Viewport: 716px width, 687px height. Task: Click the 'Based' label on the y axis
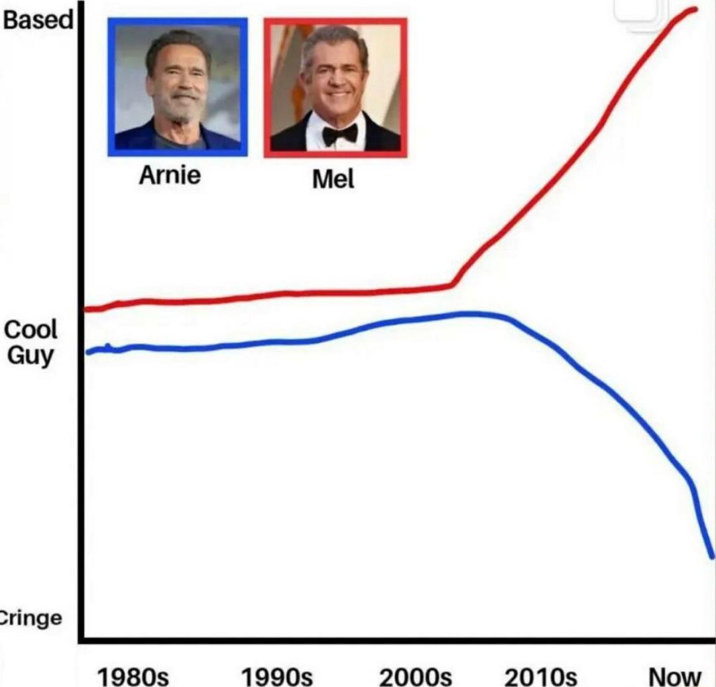coord(38,20)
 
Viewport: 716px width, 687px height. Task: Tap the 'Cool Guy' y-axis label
coord(31,342)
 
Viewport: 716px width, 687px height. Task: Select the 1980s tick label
coord(133,676)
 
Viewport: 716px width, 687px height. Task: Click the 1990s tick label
coord(276,676)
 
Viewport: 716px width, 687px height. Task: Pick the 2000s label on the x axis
coord(416,676)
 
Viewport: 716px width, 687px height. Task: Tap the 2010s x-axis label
coord(540,676)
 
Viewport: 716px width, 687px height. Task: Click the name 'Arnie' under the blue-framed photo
coord(170,176)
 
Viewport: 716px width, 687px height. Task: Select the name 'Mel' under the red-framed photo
coord(333,178)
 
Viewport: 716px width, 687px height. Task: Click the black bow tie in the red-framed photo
coord(340,135)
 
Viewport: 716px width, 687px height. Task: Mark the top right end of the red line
coord(695,9)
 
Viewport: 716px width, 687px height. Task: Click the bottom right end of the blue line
coord(713,556)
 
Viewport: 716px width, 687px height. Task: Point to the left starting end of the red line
coord(87,309)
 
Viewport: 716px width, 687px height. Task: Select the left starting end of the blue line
coord(89,352)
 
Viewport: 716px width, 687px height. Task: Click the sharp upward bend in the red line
coord(453,284)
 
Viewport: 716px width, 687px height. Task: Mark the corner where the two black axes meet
coord(80,640)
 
